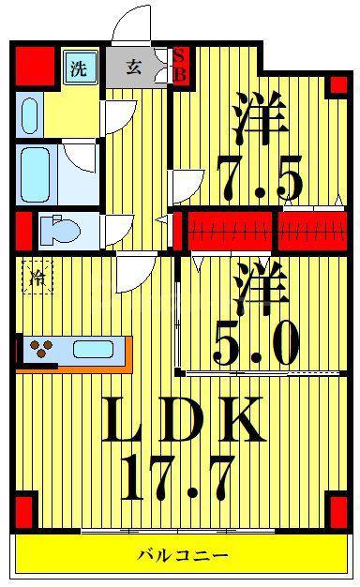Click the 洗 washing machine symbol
[x=79, y=68]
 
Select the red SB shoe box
[x=181, y=67]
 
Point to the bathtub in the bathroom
[x=36, y=174]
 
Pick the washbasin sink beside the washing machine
[x=30, y=116]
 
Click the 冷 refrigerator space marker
[x=37, y=278]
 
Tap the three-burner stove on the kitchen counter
[x=40, y=349]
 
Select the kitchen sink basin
[x=93, y=349]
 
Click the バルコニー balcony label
[x=183, y=555]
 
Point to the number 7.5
[x=260, y=178]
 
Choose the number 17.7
[x=177, y=478]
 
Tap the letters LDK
[x=183, y=418]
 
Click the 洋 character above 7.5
[x=261, y=118]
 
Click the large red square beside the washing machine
[x=35, y=66]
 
